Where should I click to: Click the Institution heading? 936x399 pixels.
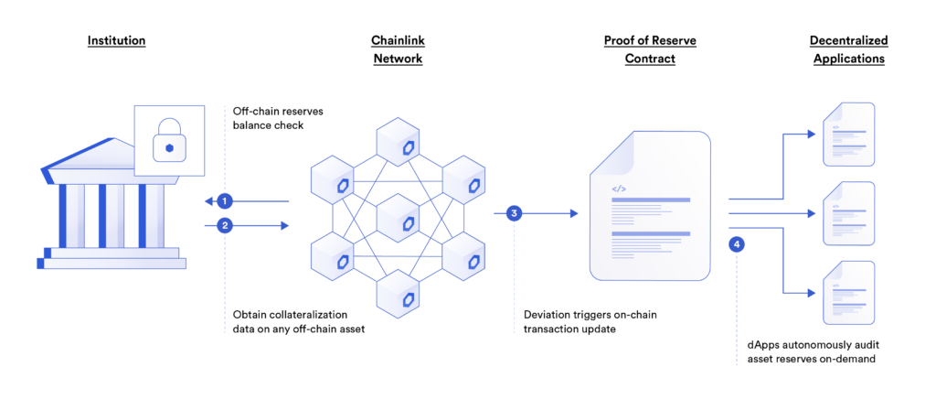116,41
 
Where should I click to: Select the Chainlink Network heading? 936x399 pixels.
397,49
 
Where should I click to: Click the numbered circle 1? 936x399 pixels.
225,201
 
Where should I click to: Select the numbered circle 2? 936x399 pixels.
225,225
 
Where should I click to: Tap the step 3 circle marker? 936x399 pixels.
514,213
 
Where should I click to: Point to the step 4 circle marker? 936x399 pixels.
738,244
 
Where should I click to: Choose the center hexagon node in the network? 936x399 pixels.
397,219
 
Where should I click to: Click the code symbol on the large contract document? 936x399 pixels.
619,189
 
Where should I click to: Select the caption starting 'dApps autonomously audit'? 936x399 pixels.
806,353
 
